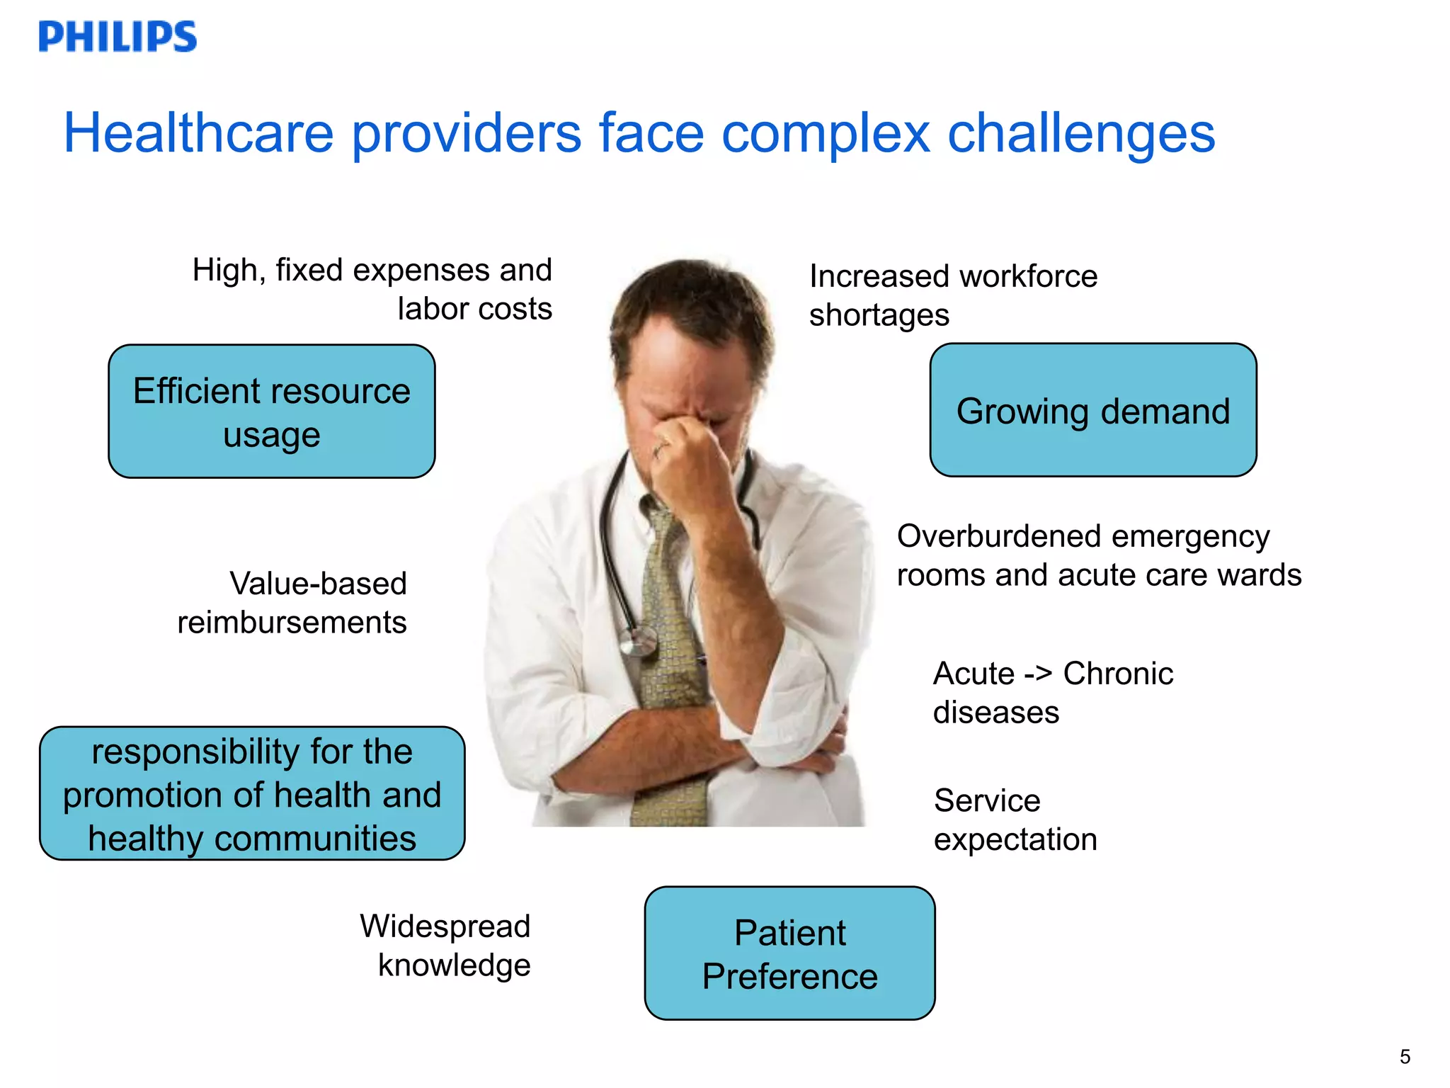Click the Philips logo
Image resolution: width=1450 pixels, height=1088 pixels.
coord(118,36)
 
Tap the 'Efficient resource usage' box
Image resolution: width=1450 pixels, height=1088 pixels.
coord(272,412)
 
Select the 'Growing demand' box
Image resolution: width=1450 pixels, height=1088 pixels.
coord(1093,411)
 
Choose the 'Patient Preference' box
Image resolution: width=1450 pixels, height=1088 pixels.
coord(789,953)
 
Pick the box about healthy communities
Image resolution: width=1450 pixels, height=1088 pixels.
coord(252,794)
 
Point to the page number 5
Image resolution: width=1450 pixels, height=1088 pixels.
coord(1405,1057)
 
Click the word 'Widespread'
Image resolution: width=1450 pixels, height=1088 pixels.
coord(445,926)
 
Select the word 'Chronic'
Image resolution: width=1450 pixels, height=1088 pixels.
coord(1118,674)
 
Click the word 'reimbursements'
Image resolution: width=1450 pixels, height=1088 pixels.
coord(292,623)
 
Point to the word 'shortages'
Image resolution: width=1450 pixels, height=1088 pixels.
coord(879,315)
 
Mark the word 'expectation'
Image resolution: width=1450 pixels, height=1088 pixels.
coord(1015,839)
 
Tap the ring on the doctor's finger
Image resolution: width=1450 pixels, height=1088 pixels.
coord(660,448)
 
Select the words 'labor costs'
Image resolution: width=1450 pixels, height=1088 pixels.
coord(474,309)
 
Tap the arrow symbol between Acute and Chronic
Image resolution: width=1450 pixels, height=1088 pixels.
coord(1038,674)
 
